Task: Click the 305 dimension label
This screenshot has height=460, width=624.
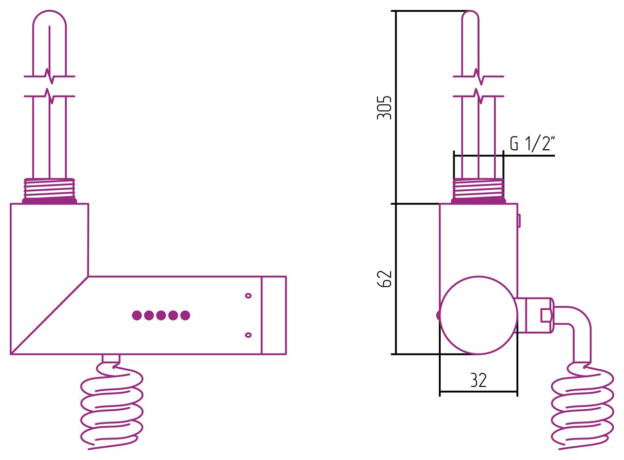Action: pos(384,108)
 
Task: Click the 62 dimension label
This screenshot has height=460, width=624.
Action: pos(384,279)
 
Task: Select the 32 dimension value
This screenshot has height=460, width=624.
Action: pos(478,380)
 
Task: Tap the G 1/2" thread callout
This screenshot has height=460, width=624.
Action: pos(532,143)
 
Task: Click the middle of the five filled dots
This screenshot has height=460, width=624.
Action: pos(161,315)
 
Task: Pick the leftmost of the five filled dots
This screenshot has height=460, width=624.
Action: pos(137,315)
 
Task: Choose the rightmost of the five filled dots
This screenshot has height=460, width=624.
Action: pos(185,315)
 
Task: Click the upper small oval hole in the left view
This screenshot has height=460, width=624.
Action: pos(248,296)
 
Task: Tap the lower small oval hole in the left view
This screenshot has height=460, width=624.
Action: pos(248,335)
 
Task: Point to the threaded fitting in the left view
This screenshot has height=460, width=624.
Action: pos(49,191)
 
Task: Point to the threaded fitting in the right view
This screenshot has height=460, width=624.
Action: pos(478,191)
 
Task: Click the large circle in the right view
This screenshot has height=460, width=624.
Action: pos(478,315)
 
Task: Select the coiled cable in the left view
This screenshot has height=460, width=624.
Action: pos(112,405)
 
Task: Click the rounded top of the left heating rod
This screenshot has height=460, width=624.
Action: pos(50,12)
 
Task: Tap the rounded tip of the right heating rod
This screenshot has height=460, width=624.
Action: pos(470,12)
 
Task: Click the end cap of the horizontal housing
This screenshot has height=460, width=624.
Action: pos(274,315)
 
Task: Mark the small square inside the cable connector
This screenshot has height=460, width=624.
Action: pos(545,315)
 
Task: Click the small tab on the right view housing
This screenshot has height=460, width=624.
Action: pos(519,221)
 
